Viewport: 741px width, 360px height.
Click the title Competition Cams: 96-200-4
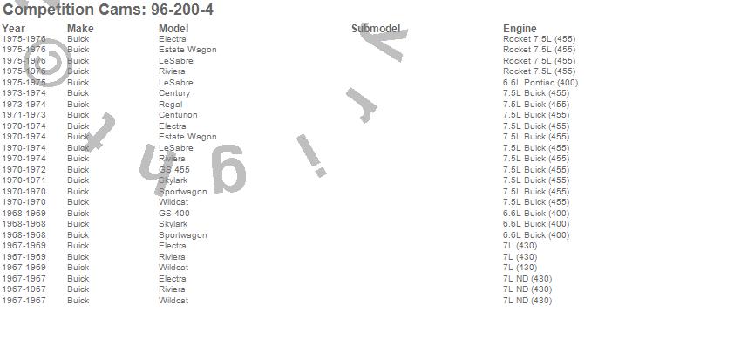pyautogui.click(x=107, y=10)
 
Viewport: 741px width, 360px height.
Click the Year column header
pyautogui.click(x=13, y=29)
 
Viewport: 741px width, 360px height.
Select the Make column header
pyautogui.click(x=80, y=29)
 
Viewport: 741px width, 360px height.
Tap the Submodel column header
pyautogui.click(x=376, y=29)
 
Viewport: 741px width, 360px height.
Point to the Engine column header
pyautogui.click(x=520, y=29)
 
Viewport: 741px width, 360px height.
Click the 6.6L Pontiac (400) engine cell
pyautogui.click(x=540, y=83)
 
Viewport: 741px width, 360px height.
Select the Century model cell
pyautogui.click(x=174, y=93)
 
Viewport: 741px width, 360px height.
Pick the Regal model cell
pyautogui.click(x=172, y=105)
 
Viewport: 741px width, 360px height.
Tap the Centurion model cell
pyautogui.click(x=178, y=115)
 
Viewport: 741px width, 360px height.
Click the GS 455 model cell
pyautogui.click(x=174, y=170)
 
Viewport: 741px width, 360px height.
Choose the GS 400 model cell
pyautogui.click(x=174, y=214)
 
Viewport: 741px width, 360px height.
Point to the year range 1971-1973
pyautogui.click(x=24, y=115)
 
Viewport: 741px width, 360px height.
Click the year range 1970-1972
pyautogui.click(x=24, y=170)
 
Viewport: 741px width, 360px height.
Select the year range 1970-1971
pyautogui.click(x=24, y=180)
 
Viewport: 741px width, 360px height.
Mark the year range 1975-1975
pyautogui.click(x=24, y=83)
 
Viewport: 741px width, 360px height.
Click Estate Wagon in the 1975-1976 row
pyautogui.click(x=187, y=50)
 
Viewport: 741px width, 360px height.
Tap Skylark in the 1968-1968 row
pyautogui.click(x=173, y=224)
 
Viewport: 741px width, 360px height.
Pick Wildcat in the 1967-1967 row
pyautogui.click(x=173, y=301)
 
